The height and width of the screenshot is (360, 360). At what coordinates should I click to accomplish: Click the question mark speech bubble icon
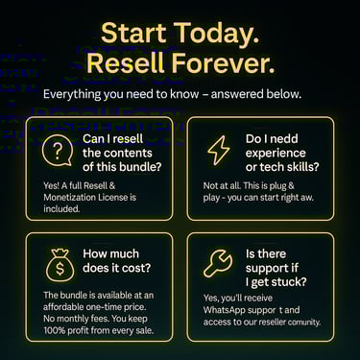click(58, 151)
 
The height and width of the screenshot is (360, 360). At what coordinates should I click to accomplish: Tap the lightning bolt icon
click(219, 150)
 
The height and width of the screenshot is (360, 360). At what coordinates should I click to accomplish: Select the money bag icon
click(60, 265)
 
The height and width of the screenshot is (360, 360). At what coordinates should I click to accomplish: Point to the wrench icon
click(218, 262)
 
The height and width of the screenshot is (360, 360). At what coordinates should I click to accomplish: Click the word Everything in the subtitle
click(72, 94)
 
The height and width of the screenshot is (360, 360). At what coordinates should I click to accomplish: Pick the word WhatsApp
click(225, 310)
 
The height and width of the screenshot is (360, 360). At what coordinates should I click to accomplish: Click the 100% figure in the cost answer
click(54, 330)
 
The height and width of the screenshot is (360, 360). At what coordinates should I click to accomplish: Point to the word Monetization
click(69, 197)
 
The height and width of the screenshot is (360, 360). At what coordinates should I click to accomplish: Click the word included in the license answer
click(61, 208)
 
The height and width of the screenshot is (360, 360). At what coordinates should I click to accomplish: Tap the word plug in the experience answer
click(277, 186)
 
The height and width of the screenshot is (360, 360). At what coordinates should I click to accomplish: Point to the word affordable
click(63, 307)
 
